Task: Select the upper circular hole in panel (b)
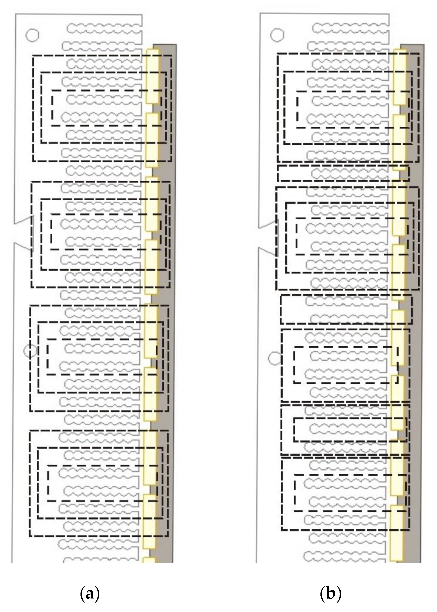point(277,34)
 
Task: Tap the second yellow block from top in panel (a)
point(152,140)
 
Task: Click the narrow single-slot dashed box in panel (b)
point(343,173)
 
